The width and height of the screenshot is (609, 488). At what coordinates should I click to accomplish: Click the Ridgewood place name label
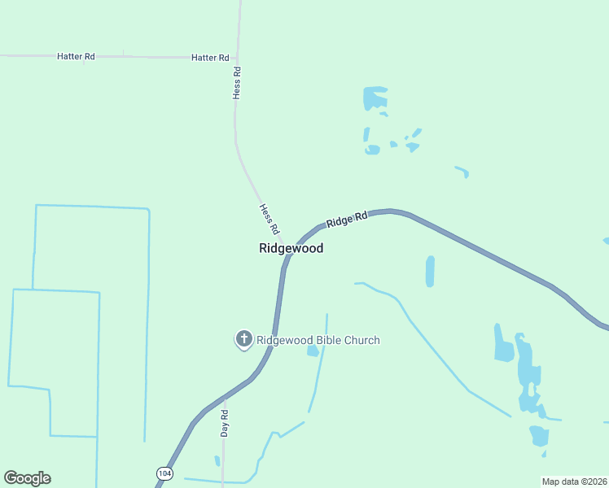coord(291,248)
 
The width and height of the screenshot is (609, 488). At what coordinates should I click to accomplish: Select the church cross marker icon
coord(243,339)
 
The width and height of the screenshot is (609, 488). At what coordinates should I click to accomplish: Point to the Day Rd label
coord(225,423)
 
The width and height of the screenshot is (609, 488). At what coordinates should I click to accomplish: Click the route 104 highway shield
coord(164,473)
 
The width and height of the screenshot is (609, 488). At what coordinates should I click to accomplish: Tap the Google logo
coord(27,478)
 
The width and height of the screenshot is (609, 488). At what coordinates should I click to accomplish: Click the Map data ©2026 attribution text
coord(574,481)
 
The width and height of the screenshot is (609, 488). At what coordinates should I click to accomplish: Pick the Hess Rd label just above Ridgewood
coord(269,218)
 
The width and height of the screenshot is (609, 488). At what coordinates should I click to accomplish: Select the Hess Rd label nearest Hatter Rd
coord(237,82)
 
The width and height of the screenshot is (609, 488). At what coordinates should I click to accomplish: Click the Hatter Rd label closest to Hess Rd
coord(210,58)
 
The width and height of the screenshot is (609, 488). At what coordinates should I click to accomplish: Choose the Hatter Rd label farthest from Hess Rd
coord(76,56)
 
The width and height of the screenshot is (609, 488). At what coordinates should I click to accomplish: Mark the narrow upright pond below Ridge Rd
coord(430,271)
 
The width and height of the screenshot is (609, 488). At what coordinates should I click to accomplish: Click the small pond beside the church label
coord(313,351)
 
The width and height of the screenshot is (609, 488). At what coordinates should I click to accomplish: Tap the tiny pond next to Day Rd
coord(217,461)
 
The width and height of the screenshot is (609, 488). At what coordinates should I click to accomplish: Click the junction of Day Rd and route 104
coord(224,398)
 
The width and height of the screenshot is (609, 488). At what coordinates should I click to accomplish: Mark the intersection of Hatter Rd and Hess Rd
coord(238,58)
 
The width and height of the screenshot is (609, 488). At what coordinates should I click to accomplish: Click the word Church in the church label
coord(361,340)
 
